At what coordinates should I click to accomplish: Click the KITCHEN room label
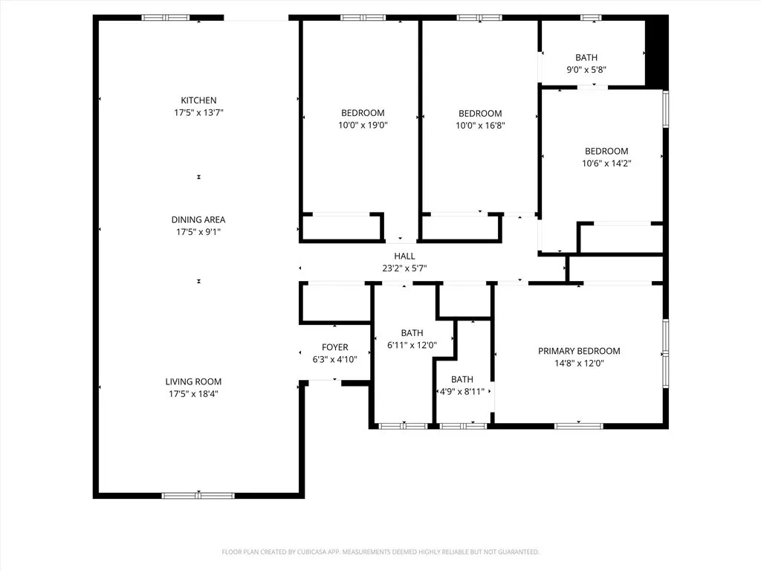pyautogui.click(x=198, y=100)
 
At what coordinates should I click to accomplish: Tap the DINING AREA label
pyautogui.click(x=198, y=219)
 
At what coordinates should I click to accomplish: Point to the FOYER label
pyautogui.click(x=334, y=347)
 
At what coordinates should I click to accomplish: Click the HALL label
pyautogui.click(x=404, y=256)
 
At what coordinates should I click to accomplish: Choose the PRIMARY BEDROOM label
pyautogui.click(x=579, y=351)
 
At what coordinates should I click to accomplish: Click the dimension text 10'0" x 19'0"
pyautogui.click(x=363, y=126)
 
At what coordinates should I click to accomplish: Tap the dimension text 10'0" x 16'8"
pyautogui.click(x=480, y=126)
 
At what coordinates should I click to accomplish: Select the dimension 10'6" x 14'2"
pyautogui.click(x=606, y=163)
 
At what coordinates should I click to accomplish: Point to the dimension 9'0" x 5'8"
pyautogui.click(x=586, y=70)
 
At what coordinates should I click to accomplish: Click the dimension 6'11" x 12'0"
pyautogui.click(x=412, y=345)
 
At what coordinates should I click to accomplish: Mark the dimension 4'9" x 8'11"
pyautogui.click(x=462, y=391)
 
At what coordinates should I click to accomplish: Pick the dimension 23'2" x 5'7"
pyautogui.click(x=404, y=268)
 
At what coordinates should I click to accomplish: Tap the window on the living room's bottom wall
pyautogui.click(x=198, y=495)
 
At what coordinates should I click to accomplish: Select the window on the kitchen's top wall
pyautogui.click(x=166, y=18)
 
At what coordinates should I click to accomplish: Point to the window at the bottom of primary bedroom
pyautogui.click(x=578, y=426)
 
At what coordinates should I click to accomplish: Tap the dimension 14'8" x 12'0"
pyautogui.click(x=579, y=364)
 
